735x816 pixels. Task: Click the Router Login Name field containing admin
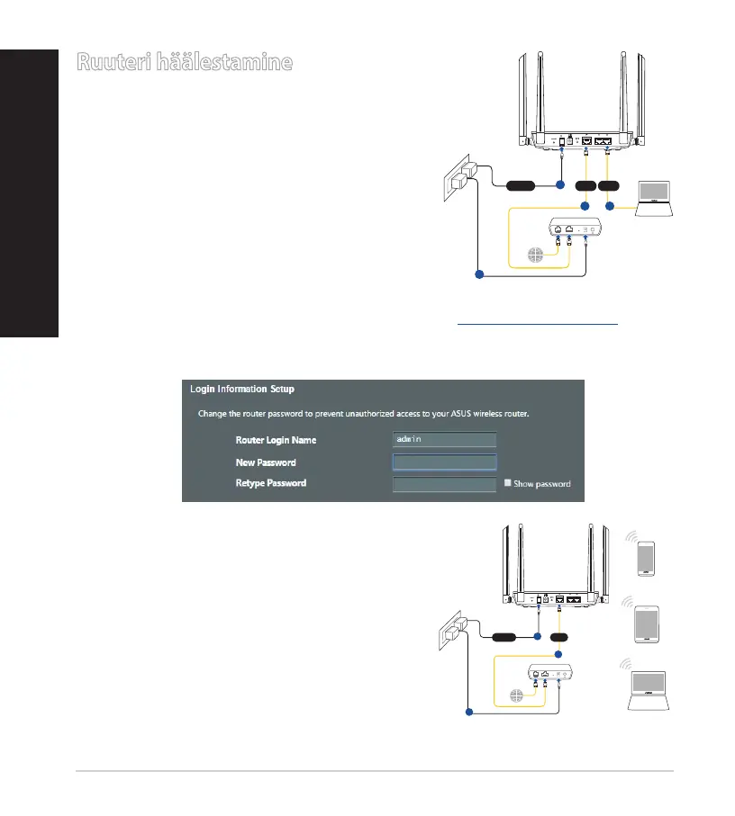(x=444, y=439)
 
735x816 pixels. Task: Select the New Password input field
(x=444, y=462)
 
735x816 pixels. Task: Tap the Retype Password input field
(x=444, y=484)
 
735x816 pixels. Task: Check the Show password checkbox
(x=507, y=483)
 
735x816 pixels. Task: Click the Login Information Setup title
(x=242, y=390)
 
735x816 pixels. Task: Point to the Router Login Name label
(x=276, y=440)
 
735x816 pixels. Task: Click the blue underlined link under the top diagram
(x=537, y=322)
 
